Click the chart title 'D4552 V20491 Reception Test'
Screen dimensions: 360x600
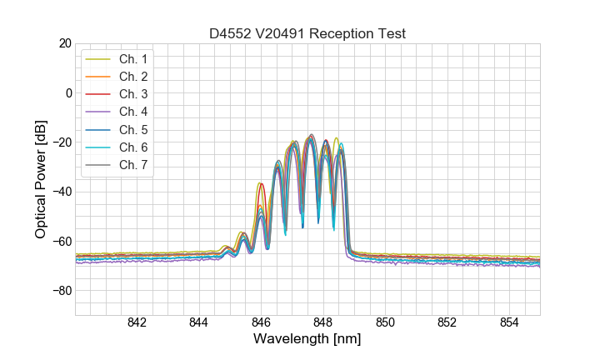coord(307,33)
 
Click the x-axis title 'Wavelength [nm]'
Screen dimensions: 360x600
coord(307,340)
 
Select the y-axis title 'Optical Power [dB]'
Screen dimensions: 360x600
coord(41,179)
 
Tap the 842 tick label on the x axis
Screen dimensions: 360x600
coord(137,322)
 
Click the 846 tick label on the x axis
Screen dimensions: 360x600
coord(261,322)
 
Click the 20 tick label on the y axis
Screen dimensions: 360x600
coord(64,43)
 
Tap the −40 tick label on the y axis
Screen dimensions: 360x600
coord(61,192)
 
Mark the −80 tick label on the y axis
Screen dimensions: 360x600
coord(61,291)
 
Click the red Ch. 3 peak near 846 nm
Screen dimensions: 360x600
coord(261,184)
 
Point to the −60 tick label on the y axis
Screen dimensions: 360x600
coord(61,242)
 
